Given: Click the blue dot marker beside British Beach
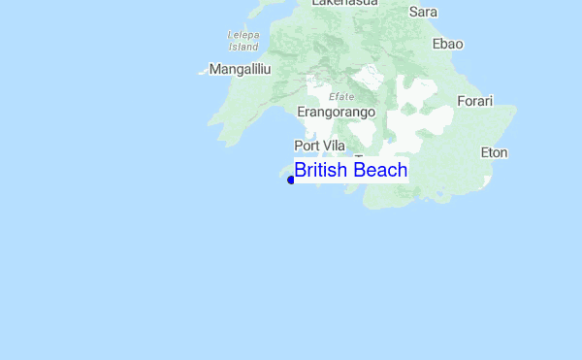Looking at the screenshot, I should point(291,180).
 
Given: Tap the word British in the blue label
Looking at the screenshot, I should point(322,171).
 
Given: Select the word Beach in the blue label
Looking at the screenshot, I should point(380,171).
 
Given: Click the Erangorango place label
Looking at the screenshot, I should point(336,113).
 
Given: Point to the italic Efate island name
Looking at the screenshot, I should point(341,96).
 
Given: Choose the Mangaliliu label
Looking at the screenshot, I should point(240,70).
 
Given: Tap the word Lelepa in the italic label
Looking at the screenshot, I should point(242,35).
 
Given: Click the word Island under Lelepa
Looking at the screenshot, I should point(242,46).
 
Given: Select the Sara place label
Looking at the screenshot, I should point(424,12).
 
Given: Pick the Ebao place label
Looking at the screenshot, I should point(448,44).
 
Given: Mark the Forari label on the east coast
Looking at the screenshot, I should point(475,101).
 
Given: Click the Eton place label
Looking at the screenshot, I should point(494,152).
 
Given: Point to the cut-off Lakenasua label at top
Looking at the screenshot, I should point(344,3).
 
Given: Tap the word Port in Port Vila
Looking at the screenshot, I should point(307,146).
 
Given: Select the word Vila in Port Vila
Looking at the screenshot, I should point(333,146).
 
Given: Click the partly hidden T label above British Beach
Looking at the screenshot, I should point(359,156).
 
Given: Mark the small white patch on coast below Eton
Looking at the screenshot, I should point(491,181).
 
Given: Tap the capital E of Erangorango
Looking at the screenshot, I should point(301,113).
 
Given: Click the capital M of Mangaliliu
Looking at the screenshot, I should point(214,70).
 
